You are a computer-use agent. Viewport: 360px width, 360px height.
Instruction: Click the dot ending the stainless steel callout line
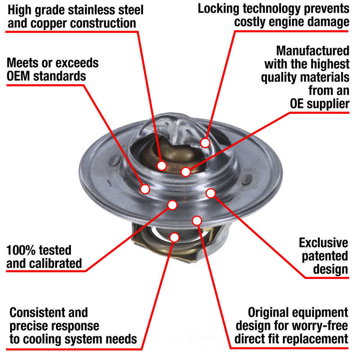(x=162, y=166)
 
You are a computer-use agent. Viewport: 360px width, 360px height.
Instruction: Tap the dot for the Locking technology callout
(x=205, y=143)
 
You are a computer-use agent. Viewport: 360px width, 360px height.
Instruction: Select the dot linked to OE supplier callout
(x=186, y=172)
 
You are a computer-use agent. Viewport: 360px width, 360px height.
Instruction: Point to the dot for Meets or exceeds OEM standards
(x=145, y=189)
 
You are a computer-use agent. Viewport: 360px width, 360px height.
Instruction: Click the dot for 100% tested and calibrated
(x=172, y=205)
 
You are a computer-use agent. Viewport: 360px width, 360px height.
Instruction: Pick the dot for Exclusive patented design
(x=211, y=193)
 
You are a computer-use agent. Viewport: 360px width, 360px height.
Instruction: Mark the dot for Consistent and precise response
(x=174, y=237)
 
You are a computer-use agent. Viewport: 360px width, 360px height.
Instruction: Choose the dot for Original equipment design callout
(x=197, y=220)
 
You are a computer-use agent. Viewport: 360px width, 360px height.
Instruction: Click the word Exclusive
(x=324, y=243)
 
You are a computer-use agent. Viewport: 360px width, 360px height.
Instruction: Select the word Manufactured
(x=312, y=50)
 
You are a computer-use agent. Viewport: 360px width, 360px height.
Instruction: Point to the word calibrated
(x=57, y=263)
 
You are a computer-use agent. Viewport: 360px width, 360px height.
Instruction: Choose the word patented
(x=325, y=256)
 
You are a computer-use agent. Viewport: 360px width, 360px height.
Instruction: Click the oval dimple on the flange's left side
(x=114, y=161)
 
